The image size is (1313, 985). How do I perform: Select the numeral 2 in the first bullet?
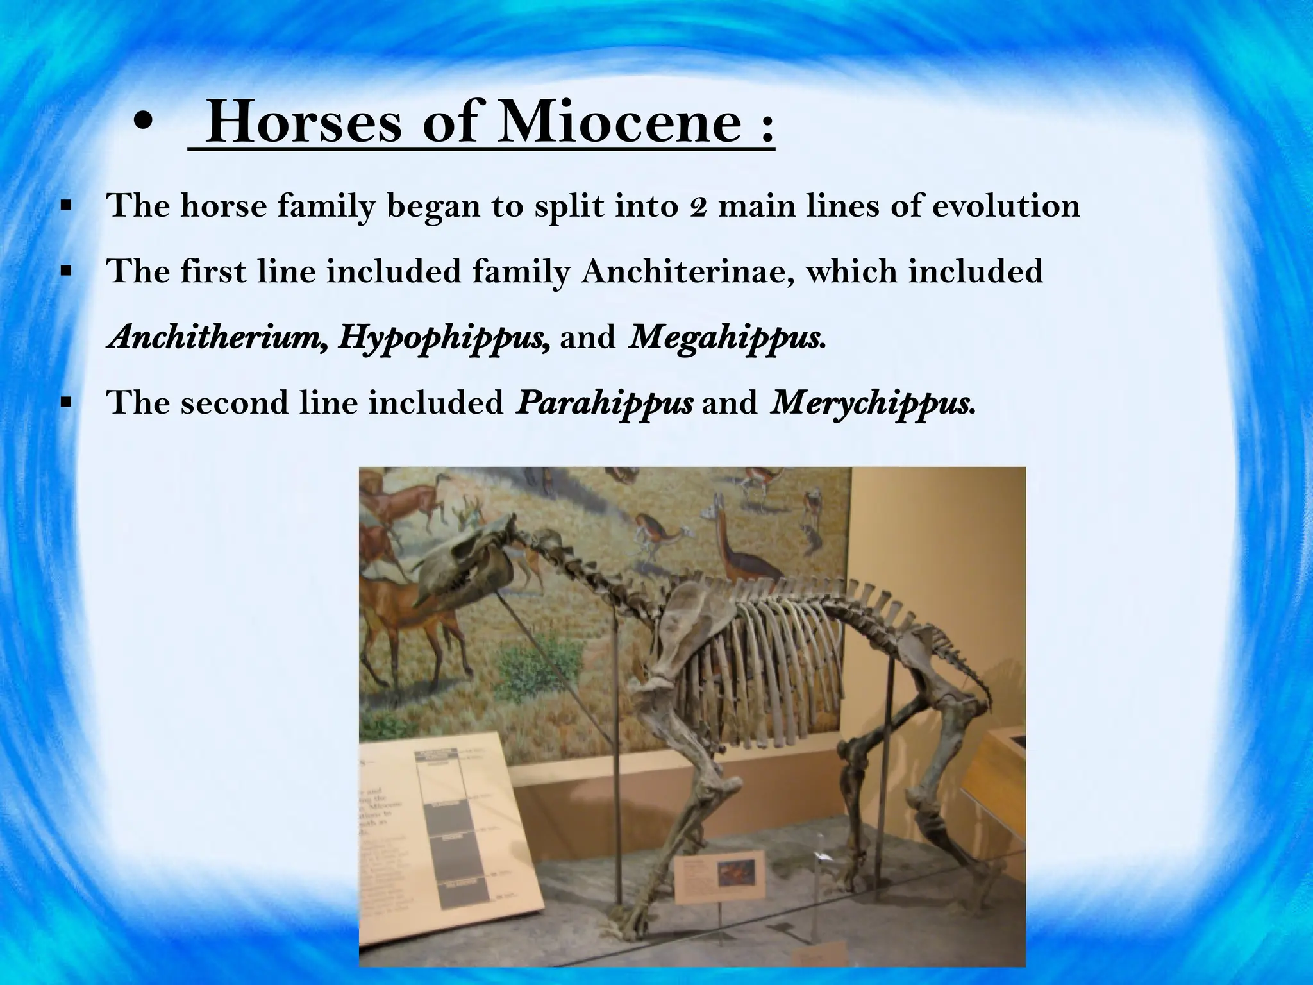click(x=698, y=206)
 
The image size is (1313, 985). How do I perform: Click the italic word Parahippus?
click(x=604, y=403)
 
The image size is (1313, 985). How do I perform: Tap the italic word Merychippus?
click(x=870, y=403)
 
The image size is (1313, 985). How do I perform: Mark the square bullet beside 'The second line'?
click(x=65, y=403)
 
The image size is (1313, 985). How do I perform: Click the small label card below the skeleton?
click(x=719, y=876)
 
